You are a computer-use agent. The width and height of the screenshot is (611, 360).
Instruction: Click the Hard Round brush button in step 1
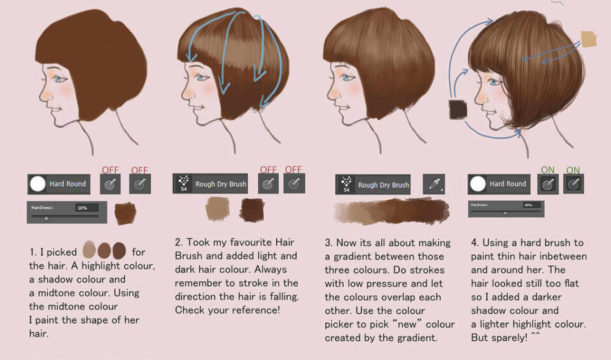[59, 184]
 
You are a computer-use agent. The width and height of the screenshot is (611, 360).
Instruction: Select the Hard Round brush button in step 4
[499, 184]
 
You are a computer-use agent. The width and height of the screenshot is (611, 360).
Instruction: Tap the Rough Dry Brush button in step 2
[212, 184]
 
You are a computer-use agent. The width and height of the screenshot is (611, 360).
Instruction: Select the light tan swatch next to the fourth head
[589, 39]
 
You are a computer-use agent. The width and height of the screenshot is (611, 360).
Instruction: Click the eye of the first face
[60, 80]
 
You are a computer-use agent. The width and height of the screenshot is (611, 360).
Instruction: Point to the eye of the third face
[347, 79]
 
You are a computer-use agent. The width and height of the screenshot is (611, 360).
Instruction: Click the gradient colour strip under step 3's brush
[391, 210]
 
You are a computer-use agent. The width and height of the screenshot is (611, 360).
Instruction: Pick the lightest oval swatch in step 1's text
[89, 250]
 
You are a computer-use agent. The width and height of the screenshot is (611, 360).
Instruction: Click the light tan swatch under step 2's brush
[218, 207]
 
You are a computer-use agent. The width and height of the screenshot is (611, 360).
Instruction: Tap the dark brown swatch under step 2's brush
[251, 209]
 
